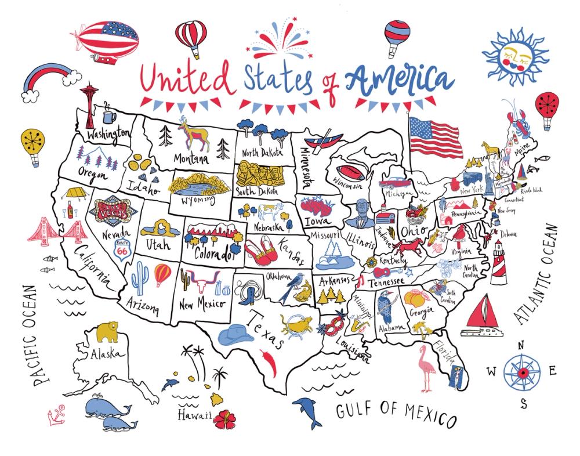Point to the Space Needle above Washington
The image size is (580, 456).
click(x=90, y=104)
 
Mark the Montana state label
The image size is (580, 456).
click(x=191, y=158)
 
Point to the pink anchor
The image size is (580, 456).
click(x=56, y=417)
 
